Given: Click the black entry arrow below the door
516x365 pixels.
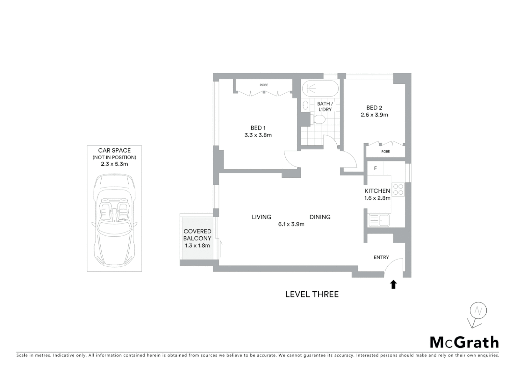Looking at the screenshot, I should click(393, 285).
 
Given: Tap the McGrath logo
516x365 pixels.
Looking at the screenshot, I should click(464, 342).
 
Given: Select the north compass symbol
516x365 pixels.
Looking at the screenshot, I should click(478, 312).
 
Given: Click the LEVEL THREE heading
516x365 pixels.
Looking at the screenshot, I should click(312, 294).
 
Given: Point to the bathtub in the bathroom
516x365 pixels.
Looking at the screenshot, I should click(319, 89).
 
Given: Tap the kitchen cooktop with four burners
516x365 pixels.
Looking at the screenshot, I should click(398, 189).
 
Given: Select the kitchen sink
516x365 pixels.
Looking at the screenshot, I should click(379, 221).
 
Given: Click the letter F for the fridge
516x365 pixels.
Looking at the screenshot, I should click(375, 168).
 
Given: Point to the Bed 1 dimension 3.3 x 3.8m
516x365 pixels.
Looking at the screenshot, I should click(258, 135).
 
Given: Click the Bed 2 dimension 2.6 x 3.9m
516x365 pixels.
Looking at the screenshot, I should click(374, 115).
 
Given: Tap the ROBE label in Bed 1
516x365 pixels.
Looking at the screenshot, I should click(264, 85).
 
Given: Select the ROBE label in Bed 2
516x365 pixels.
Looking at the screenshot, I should click(385, 152).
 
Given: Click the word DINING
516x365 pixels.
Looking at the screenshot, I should click(320, 217).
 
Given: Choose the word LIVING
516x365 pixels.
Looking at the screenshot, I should click(261, 217).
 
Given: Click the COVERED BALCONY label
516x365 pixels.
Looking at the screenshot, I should click(197, 235).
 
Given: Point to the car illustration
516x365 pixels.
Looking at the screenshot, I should click(114, 220).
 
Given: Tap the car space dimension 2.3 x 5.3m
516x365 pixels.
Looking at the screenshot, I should click(114, 164).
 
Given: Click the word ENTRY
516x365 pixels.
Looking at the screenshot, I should click(381, 258).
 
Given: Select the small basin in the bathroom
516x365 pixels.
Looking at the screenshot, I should click(305, 105).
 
